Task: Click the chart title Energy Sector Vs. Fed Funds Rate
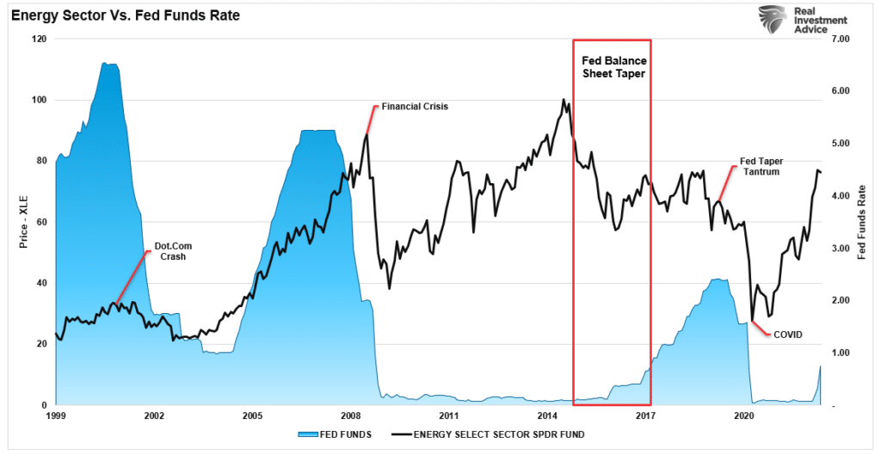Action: click(x=126, y=15)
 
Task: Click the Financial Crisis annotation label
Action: click(x=415, y=107)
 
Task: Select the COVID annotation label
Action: click(x=787, y=334)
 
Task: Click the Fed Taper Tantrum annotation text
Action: click(x=761, y=167)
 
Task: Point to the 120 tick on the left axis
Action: click(x=40, y=40)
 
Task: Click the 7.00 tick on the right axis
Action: click(x=840, y=40)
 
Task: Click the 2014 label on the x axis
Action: click(x=548, y=415)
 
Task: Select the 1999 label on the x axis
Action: click(x=56, y=415)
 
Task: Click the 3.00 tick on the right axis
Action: click(x=840, y=249)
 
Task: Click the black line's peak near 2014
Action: click(x=564, y=100)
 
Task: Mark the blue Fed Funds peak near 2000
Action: click(x=108, y=64)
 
